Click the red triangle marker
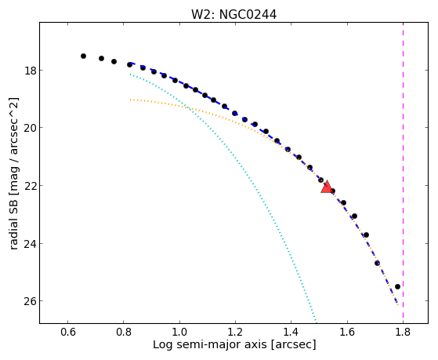pyautogui.click(x=326, y=187)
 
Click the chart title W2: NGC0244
pyautogui.click(x=233, y=15)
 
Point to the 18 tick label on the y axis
pyautogui.click(x=31, y=71)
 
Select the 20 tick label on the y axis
pyautogui.click(x=31, y=128)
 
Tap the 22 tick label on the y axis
pyautogui.click(x=31, y=185)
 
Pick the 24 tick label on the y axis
pyautogui.click(x=31, y=244)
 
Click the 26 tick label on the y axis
pyautogui.click(x=31, y=301)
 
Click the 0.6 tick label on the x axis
pyautogui.click(x=67, y=332)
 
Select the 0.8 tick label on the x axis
pyautogui.click(x=124, y=332)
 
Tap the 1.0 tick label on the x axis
pyautogui.click(x=179, y=332)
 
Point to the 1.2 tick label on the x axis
pyautogui.click(x=235, y=332)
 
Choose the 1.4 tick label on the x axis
pyautogui.click(x=291, y=332)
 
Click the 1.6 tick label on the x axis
pyautogui.click(x=347, y=332)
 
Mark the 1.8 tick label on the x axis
pyautogui.click(x=403, y=332)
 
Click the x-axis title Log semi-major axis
pyautogui.click(x=210, y=344)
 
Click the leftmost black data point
pyautogui.click(x=83, y=56)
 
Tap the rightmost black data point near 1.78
pyautogui.click(x=397, y=286)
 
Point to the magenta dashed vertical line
pyautogui.click(x=403, y=173)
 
